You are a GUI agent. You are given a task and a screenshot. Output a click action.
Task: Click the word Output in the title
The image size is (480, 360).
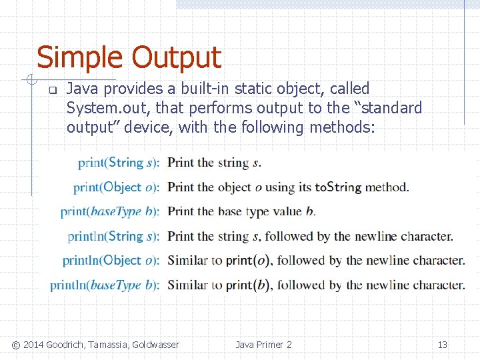point(176,58)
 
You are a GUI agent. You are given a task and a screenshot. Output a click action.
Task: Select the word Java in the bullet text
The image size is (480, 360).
point(82,89)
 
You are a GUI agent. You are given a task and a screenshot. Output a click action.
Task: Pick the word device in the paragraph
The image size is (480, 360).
point(150,127)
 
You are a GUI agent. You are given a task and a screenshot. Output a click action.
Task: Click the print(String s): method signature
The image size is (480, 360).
point(119,163)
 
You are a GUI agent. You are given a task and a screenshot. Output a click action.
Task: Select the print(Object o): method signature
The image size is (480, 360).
point(116,187)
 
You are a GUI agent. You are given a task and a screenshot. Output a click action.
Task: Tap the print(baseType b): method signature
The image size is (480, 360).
point(110,212)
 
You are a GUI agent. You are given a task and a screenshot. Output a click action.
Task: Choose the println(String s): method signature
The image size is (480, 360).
point(113,236)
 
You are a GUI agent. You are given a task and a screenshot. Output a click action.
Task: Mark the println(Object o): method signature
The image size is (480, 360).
point(111,261)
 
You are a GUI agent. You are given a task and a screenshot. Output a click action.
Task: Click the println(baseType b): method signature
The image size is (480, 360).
point(105,285)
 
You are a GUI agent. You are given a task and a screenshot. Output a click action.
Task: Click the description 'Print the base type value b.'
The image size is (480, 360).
point(241,212)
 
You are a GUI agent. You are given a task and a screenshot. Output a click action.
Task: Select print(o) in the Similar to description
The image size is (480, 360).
point(247,261)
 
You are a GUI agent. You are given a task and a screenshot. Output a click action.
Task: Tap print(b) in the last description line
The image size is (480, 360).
point(247,285)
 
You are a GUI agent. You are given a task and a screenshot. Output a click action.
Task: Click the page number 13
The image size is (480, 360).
point(442,345)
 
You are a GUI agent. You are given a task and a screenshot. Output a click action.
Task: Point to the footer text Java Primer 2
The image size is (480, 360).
point(263,345)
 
